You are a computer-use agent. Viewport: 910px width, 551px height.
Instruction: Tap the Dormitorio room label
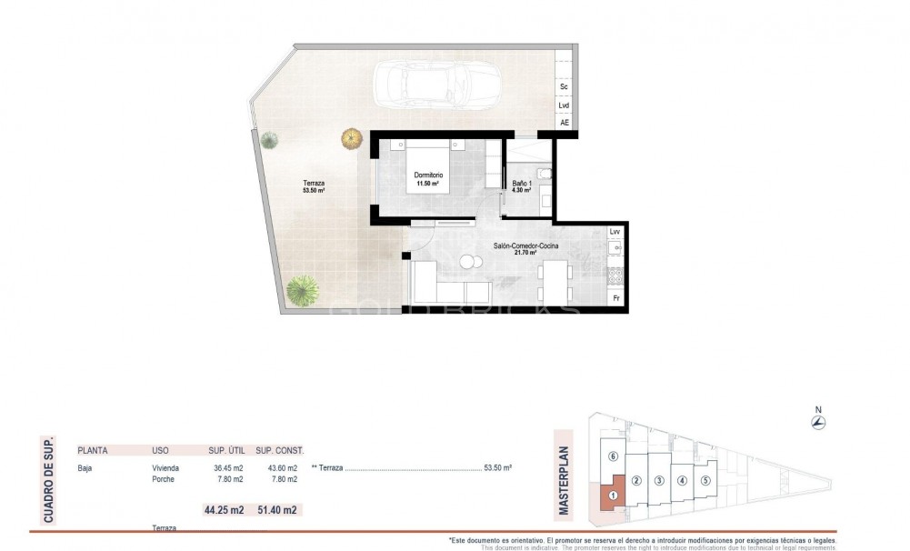(x=427, y=175)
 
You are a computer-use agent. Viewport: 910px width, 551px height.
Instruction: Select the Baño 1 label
(x=522, y=185)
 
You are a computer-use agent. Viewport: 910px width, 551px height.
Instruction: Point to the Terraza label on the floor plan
(x=314, y=185)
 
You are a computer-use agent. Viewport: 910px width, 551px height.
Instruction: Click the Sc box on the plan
(x=564, y=86)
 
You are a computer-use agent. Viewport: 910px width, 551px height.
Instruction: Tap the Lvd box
(x=564, y=105)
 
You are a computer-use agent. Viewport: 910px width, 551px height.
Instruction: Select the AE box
(x=564, y=123)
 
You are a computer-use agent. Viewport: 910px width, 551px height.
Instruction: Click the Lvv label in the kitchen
(x=615, y=232)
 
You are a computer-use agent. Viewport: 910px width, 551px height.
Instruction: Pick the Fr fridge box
(x=615, y=298)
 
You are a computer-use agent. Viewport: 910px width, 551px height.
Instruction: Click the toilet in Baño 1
(x=544, y=173)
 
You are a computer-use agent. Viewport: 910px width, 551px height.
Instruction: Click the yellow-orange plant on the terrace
(x=351, y=138)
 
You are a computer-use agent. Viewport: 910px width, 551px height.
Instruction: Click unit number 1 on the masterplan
(x=614, y=496)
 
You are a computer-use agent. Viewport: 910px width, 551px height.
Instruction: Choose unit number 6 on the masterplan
(x=614, y=456)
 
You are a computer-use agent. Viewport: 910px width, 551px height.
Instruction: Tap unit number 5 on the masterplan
(x=705, y=481)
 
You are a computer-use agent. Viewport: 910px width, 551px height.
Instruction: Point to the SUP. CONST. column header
(x=279, y=450)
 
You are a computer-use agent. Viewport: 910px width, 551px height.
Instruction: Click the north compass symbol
(x=818, y=422)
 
